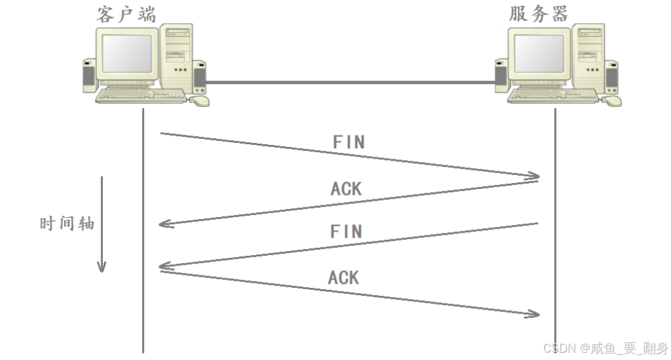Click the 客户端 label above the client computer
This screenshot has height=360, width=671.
(x=126, y=14)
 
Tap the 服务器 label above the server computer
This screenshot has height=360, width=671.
(x=538, y=14)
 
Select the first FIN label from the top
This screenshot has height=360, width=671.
(x=348, y=142)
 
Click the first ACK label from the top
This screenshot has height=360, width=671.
(x=346, y=189)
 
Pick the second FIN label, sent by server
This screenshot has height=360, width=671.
(x=346, y=231)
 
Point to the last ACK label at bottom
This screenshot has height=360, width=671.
(x=344, y=277)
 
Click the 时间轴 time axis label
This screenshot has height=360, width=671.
(x=67, y=224)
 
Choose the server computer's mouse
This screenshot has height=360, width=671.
(x=611, y=100)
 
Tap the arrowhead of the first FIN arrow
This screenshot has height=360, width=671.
(x=534, y=176)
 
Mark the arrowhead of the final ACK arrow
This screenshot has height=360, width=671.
(x=534, y=314)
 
